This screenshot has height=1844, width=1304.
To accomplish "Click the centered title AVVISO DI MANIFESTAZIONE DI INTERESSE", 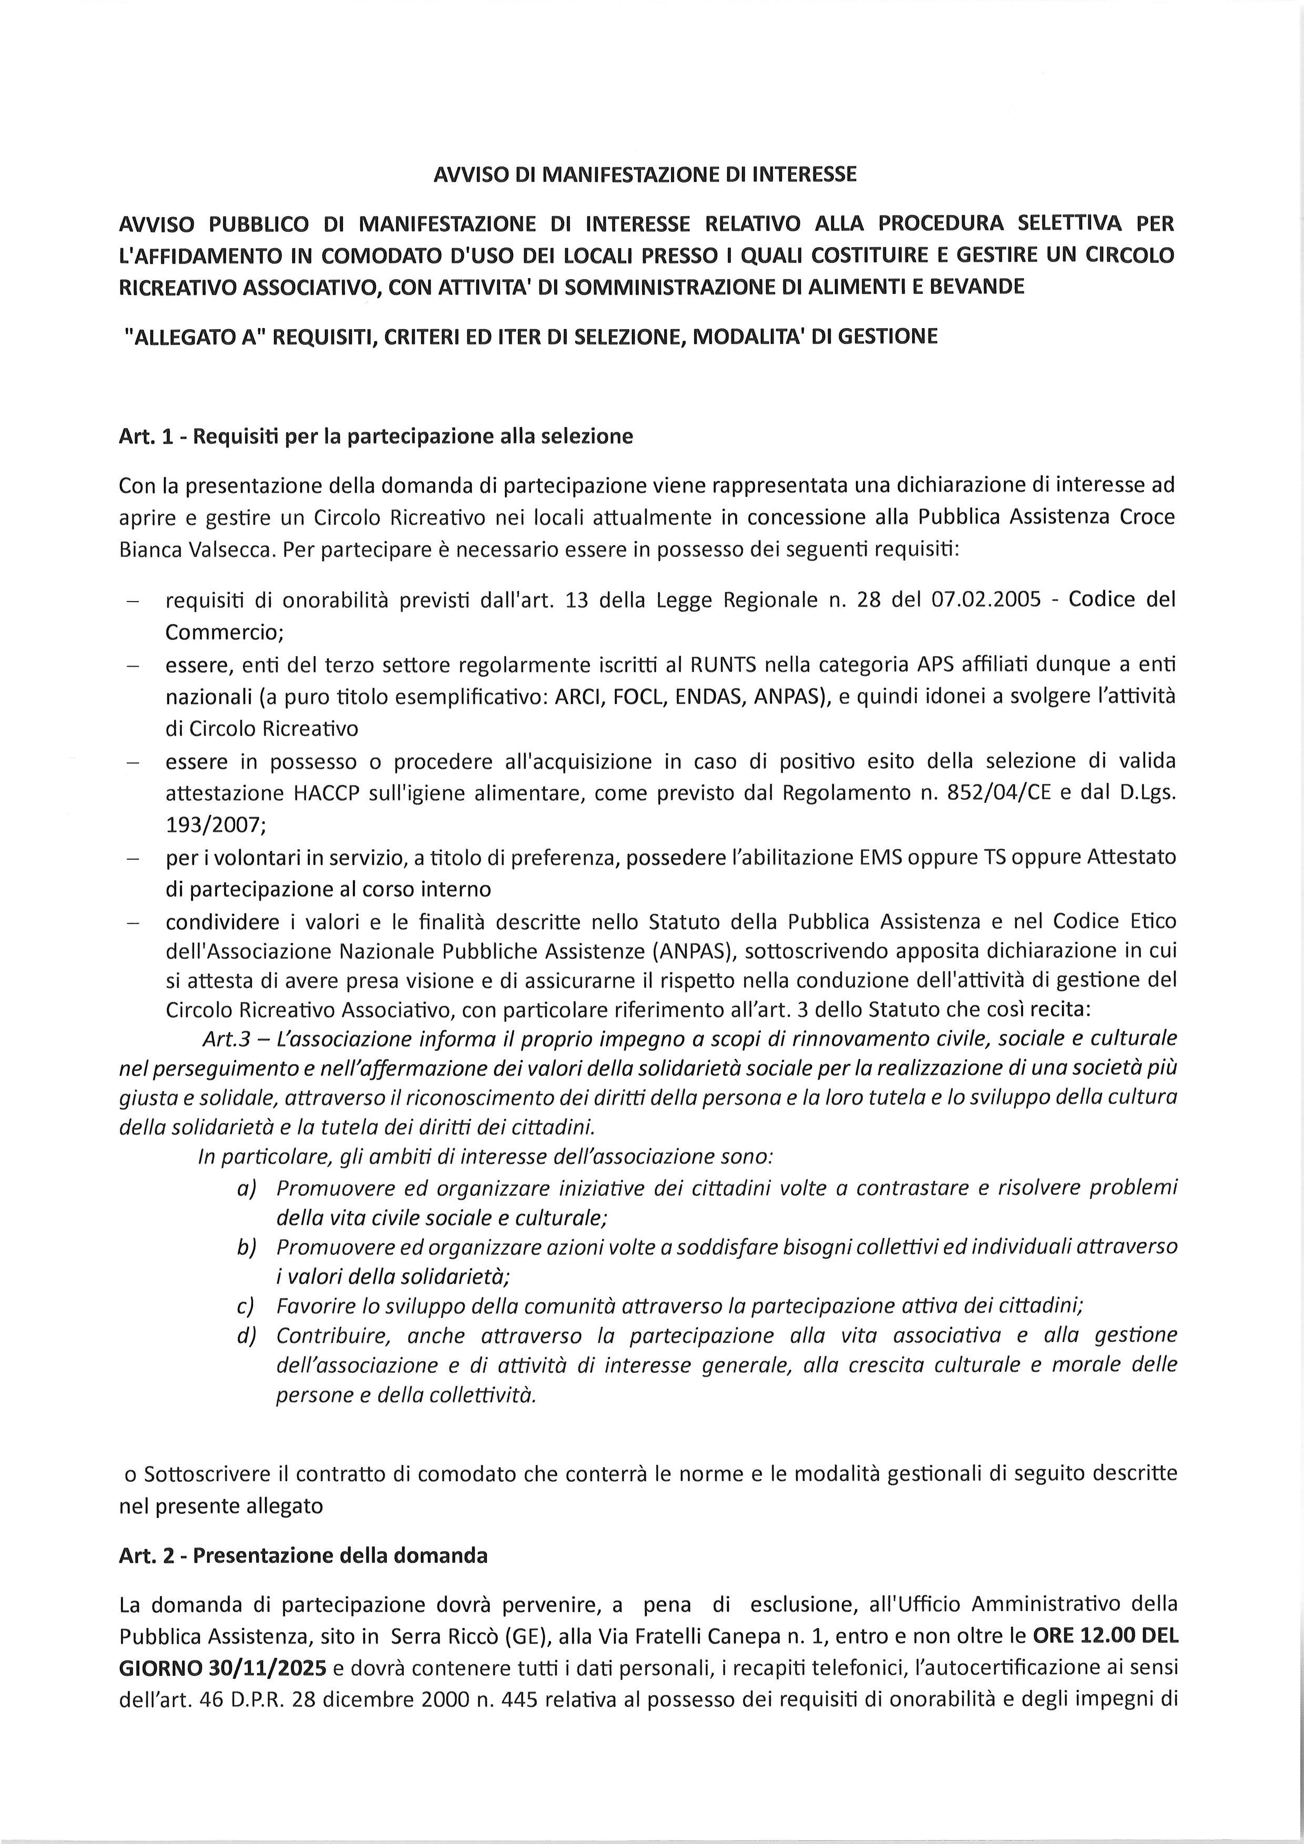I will pos(645,174).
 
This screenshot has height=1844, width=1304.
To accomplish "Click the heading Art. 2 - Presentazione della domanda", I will pos(303,1556).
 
